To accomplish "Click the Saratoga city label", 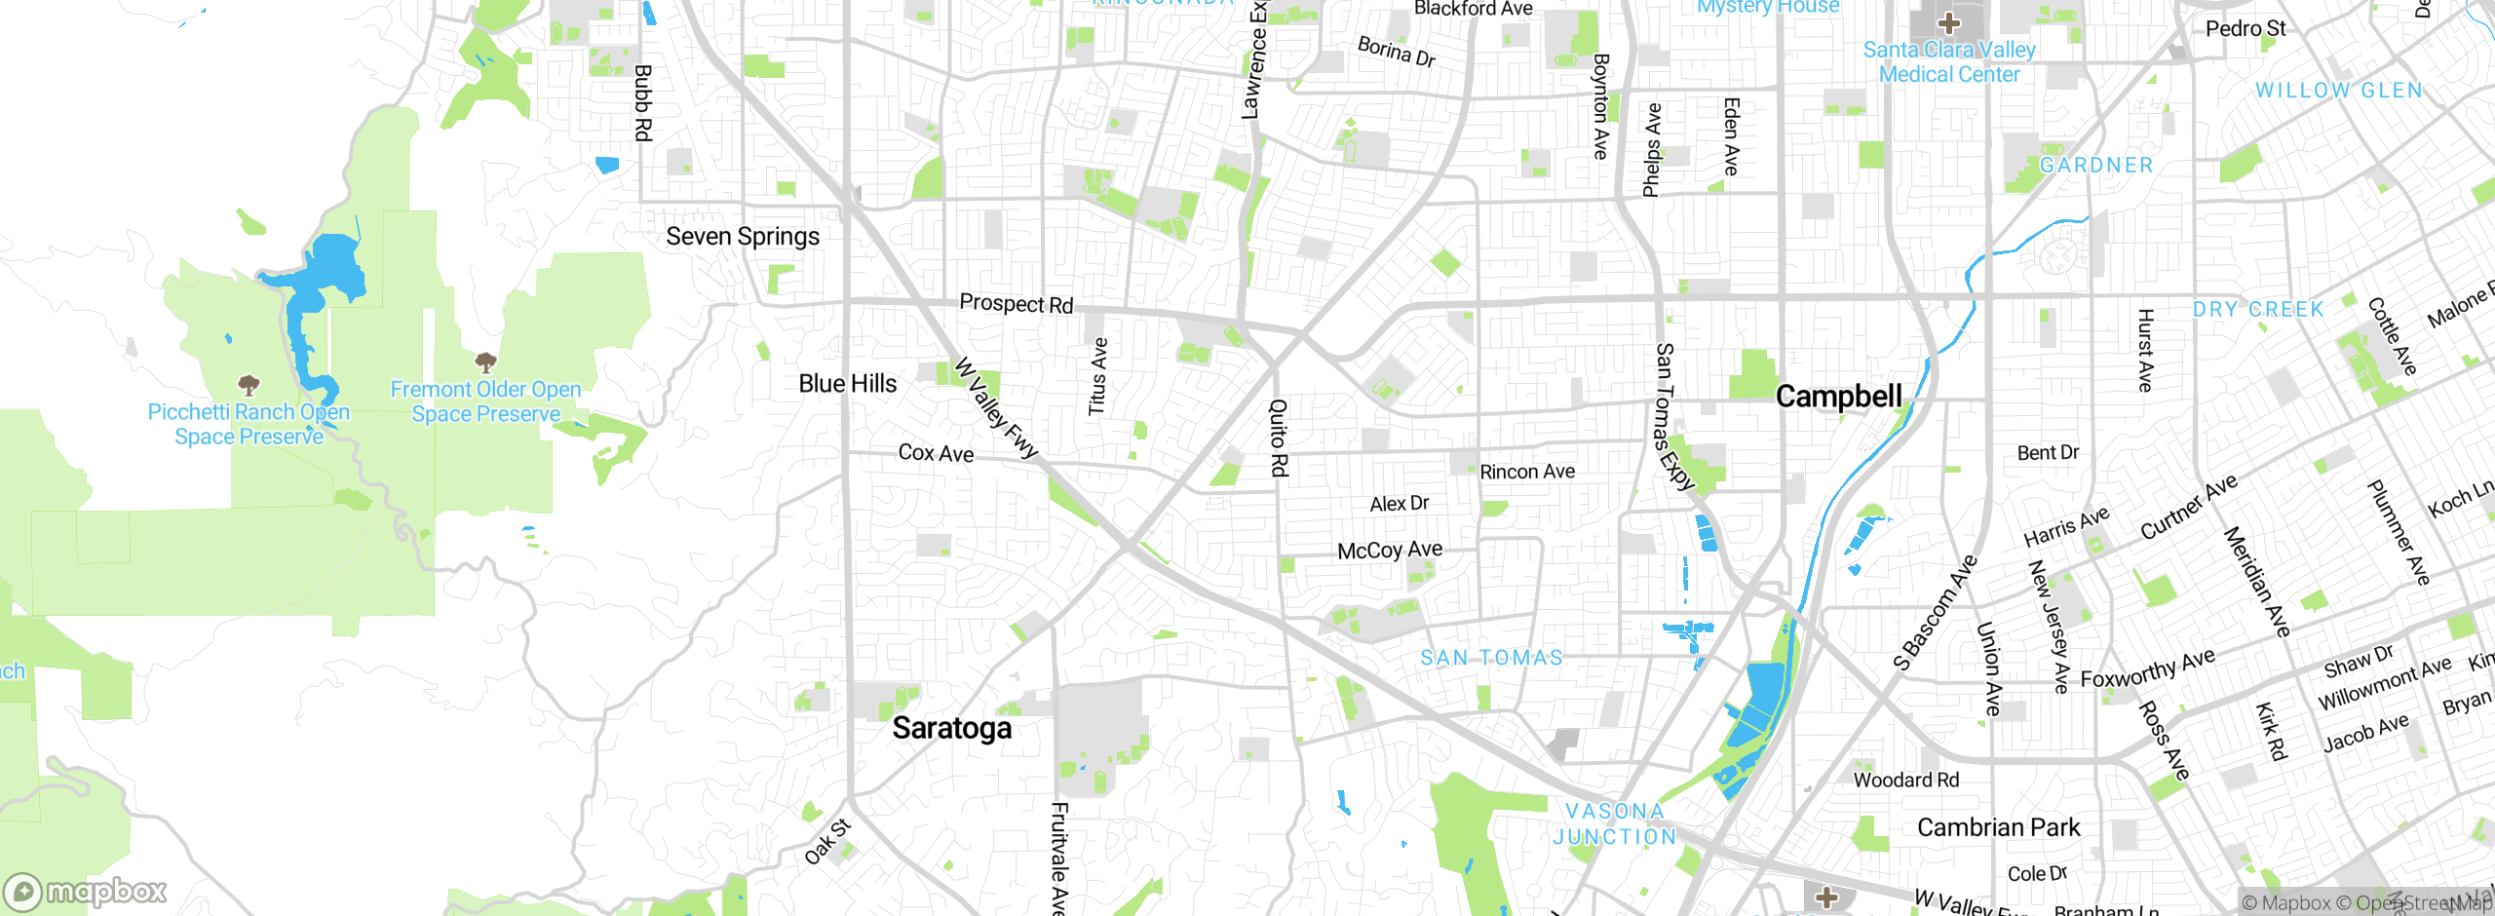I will [952, 728].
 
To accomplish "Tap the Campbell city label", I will [1838, 396].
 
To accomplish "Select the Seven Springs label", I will [743, 237].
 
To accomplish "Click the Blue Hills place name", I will [847, 384].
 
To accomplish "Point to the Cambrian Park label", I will [1998, 827].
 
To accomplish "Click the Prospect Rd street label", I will [1016, 303].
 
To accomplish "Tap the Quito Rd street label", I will [1279, 438].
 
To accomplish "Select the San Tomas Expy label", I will [1673, 415].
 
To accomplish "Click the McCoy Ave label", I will [1390, 551].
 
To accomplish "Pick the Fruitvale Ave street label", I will [1059, 858].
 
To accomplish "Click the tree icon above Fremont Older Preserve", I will [485, 363].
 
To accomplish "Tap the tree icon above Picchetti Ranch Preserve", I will [249, 385].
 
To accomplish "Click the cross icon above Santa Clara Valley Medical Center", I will [1948, 22].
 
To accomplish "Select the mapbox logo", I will [86, 891].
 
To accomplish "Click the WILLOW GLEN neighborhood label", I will [2338, 91].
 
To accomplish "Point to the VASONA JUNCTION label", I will [1615, 823].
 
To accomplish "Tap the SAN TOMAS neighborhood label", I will [1491, 658].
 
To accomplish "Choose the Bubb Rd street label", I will [642, 102].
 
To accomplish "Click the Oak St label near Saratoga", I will [827, 842].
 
